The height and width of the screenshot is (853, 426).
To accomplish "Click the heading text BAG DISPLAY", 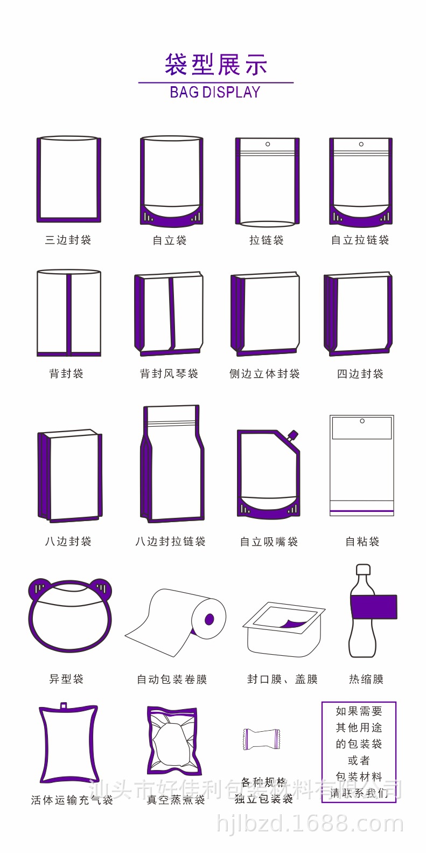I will click(215, 93).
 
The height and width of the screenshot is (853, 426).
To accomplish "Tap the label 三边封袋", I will click(68, 240).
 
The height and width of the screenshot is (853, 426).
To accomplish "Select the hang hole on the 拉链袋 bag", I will click(268, 144).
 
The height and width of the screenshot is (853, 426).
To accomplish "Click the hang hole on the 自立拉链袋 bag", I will click(361, 144).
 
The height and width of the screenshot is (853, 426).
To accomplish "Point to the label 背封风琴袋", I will click(169, 374).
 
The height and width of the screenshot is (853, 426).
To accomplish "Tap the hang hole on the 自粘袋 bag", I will click(362, 421).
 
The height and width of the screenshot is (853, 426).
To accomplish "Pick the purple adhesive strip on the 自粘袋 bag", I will click(362, 510).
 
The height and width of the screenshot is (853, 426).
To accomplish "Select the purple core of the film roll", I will click(209, 619).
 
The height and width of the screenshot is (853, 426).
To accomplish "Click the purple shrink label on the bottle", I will click(374, 607).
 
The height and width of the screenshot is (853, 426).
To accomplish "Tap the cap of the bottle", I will click(364, 570).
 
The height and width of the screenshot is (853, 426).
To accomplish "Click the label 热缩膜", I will click(366, 679).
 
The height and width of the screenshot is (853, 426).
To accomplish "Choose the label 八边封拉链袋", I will click(170, 542).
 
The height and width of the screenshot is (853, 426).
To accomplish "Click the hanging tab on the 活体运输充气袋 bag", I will click(64, 706).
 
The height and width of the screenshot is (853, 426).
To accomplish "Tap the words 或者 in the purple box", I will click(359, 760).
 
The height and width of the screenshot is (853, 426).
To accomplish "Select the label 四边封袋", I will click(360, 374).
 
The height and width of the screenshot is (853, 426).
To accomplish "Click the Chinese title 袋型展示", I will click(216, 65).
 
